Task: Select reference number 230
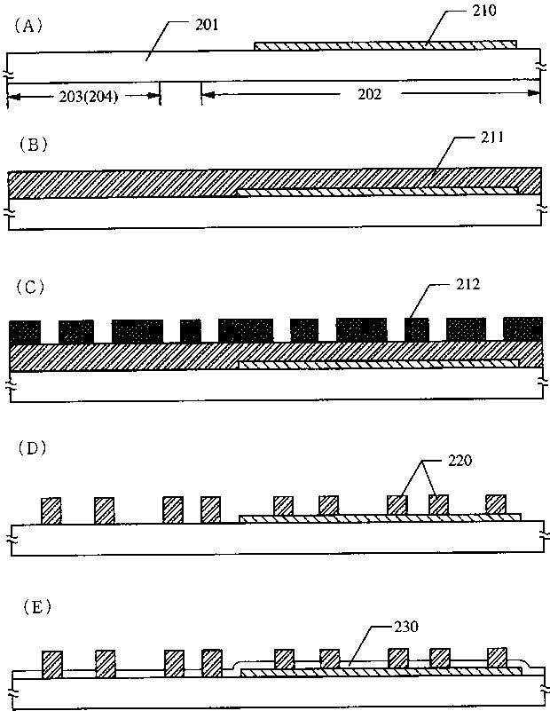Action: tap(405, 626)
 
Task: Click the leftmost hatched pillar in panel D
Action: tap(51, 510)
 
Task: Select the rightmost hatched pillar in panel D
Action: tap(495, 504)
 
